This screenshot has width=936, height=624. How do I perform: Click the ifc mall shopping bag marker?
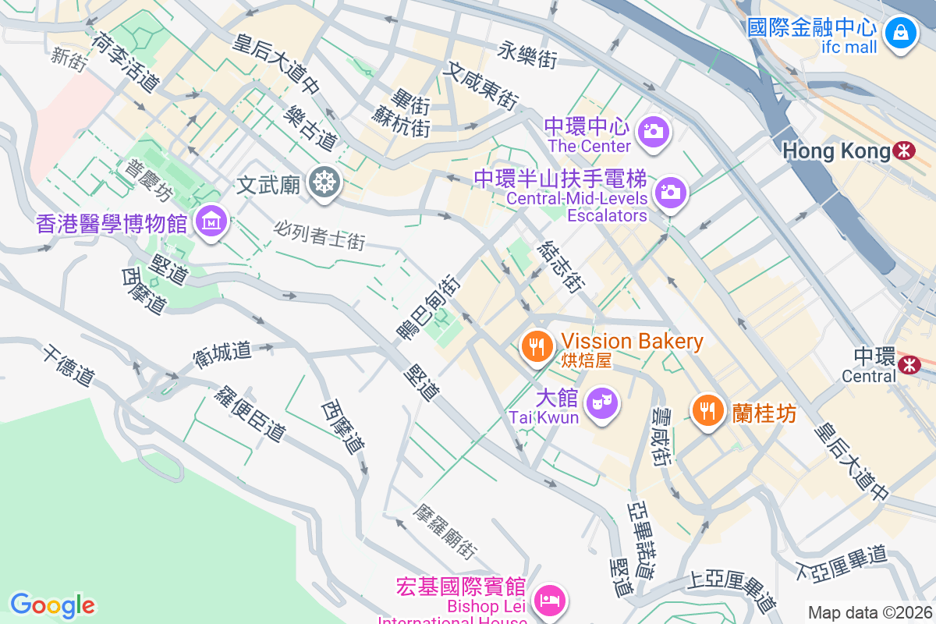pyautogui.click(x=901, y=33)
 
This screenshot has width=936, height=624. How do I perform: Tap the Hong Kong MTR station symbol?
pyautogui.click(x=905, y=151)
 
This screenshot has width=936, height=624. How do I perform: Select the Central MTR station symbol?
pyautogui.click(x=909, y=363)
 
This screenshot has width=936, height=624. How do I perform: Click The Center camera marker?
pyautogui.click(x=654, y=130)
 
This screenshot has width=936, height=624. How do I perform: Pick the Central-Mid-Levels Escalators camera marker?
pyautogui.click(x=670, y=191)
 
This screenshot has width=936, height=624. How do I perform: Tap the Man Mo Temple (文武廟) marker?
pyautogui.click(x=323, y=183)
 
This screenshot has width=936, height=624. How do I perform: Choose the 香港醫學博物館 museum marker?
pyautogui.click(x=211, y=222)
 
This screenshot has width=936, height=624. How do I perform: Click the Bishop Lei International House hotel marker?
pyautogui.click(x=550, y=600)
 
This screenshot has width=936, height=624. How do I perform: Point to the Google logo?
pyautogui.click(x=52, y=605)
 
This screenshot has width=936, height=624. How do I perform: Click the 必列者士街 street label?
pyautogui.click(x=319, y=235)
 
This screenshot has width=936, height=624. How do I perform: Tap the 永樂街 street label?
pyautogui.click(x=527, y=54)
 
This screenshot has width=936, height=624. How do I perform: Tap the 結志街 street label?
pyautogui.click(x=560, y=267)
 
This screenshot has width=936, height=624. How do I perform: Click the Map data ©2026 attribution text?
pyautogui.click(x=869, y=612)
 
